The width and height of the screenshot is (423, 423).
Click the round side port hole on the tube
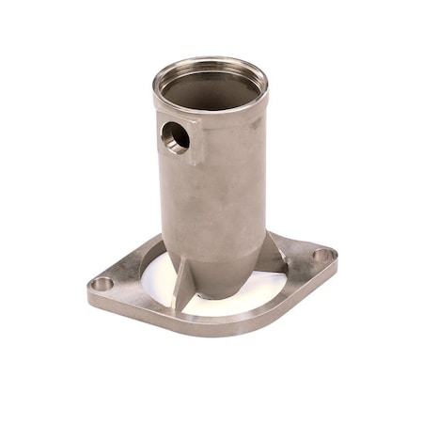(x=176, y=138)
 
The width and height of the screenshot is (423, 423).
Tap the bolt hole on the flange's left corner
(x=102, y=283)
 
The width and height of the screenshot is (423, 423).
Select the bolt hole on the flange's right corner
(x=321, y=255)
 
